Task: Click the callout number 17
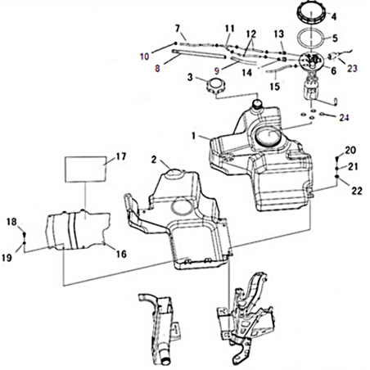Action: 121,156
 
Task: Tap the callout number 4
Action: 334,17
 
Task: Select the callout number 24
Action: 344,118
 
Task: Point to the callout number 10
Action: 145,56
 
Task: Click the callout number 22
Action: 357,191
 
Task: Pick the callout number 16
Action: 121,254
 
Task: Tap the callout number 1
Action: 194,136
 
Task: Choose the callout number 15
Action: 275,87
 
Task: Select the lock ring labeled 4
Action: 311,12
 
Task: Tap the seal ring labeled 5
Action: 311,38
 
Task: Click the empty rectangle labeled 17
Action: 85,169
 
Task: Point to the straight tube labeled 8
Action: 199,54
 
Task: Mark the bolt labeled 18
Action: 25,234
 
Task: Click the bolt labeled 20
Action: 337,158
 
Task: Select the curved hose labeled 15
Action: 276,70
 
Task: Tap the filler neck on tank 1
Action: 257,105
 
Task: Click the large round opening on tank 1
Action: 268,137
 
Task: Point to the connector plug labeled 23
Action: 333,56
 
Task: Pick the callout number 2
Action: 154,160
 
